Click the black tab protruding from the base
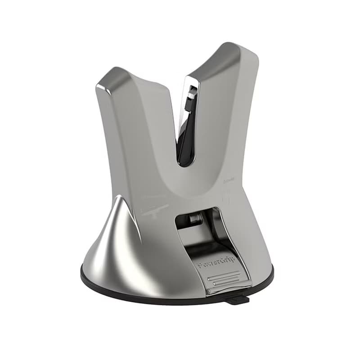tap(238, 299)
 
